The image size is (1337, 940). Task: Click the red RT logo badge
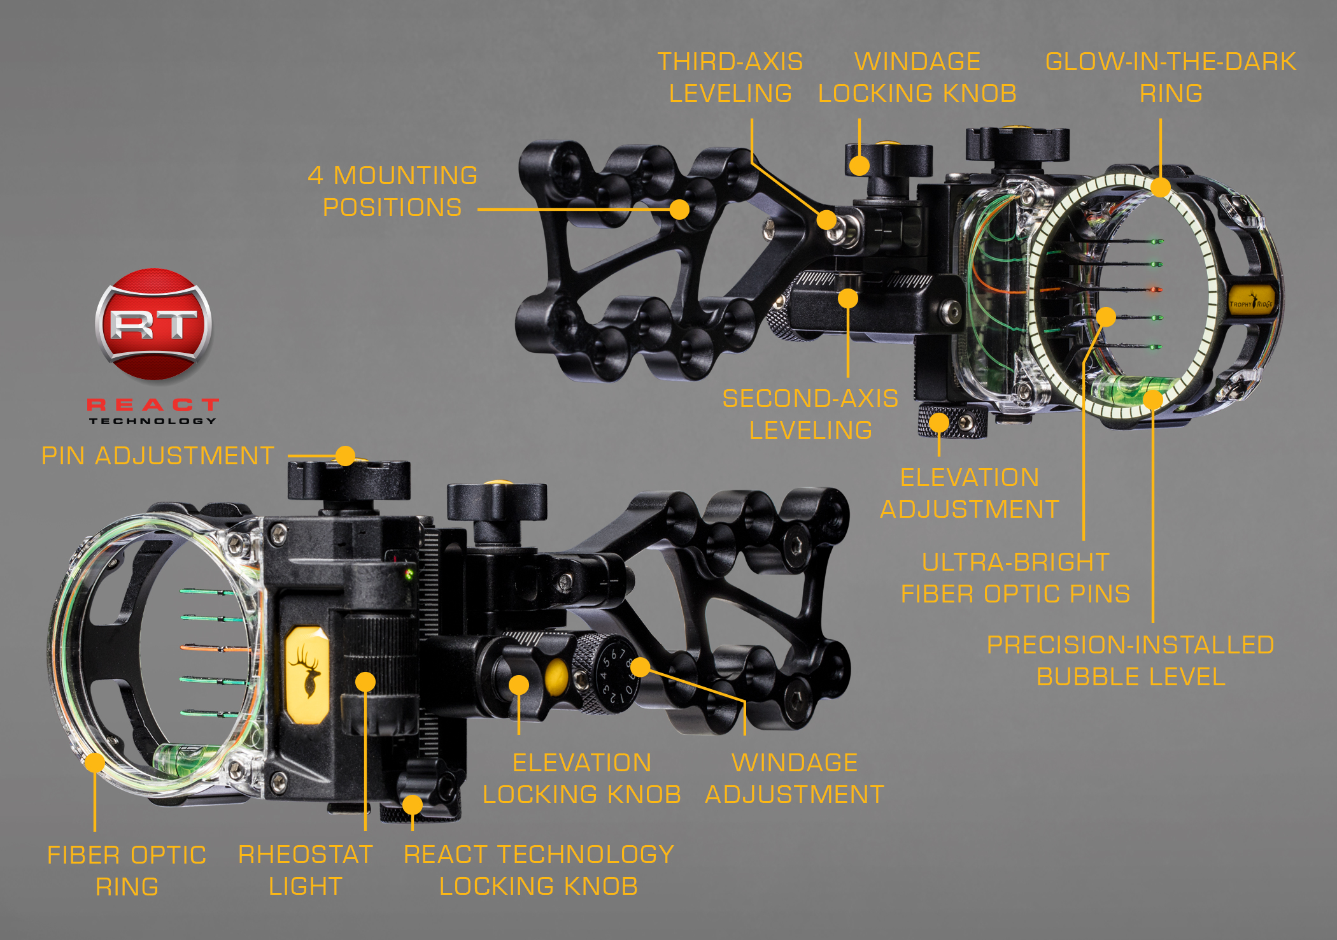tap(153, 324)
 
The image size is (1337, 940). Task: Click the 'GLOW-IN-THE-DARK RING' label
tap(1170, 78)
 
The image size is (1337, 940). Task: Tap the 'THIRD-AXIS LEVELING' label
tap(730, 78)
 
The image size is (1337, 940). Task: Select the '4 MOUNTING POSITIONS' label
tap(393, 191)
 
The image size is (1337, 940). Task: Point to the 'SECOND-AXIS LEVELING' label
tap(810, 414)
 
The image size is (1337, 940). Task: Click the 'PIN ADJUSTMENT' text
tap(158, 456)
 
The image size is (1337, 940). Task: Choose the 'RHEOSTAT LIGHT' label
tap(306, 870)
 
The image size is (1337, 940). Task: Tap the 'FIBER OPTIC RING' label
tap(127, 870)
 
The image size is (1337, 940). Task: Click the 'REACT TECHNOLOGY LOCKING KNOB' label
tap(539, 870)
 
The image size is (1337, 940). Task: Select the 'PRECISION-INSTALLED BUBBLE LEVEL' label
tap(1131, 660)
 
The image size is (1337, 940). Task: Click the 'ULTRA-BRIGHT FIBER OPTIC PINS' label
tap(1015, 578)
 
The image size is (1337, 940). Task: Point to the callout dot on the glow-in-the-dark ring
tap(1161, 187)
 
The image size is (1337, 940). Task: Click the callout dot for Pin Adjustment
tap(345, 455)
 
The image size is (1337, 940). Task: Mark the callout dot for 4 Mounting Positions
tap(679, 209)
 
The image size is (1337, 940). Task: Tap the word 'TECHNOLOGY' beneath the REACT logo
tap(153, 421)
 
